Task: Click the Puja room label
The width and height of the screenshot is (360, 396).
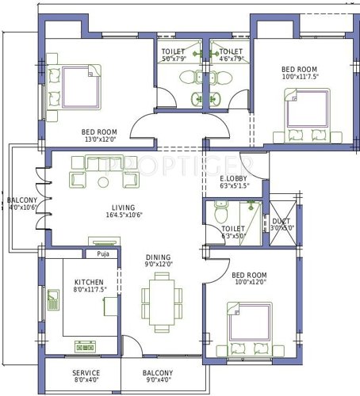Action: pos(102,255)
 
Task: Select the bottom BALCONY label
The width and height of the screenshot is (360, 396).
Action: pos(158,373)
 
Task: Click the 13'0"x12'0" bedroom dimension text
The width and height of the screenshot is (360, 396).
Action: pos(99,139)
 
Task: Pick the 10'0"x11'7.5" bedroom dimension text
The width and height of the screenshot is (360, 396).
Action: pos(293,77)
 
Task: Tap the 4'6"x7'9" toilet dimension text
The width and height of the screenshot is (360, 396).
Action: pos(231,58)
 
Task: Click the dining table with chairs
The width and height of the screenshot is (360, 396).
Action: pos(161,301)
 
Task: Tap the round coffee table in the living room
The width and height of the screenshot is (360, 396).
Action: pos(103,183)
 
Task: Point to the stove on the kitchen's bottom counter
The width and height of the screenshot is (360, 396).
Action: pos(85,346)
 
